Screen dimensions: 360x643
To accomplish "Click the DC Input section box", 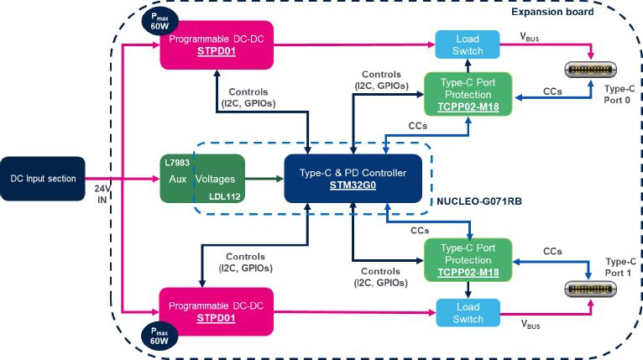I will click(44, 178).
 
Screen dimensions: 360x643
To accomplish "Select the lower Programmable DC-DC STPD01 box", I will click(218, 311).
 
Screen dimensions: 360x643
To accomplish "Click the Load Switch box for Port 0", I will click(468, 44).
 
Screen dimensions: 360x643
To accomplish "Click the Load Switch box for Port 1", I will click(468, 313).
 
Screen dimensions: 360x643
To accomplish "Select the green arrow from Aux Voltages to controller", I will click(264, 178).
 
